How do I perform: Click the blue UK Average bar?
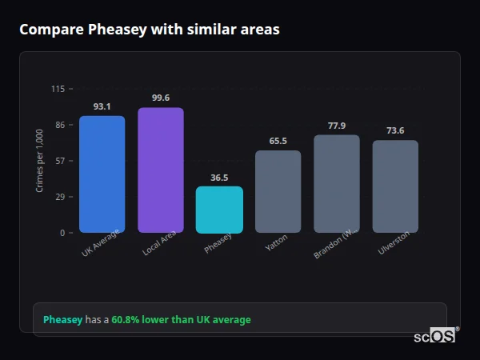pos(102,174)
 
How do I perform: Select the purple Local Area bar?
pos(160,170)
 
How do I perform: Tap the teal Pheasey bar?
pos(219,210)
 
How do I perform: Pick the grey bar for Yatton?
pos(278,192)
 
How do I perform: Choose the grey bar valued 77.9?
pos(336,184)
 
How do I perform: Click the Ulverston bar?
pos(395,186)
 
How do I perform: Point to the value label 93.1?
pos(102,106)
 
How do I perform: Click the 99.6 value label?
pos(160,98)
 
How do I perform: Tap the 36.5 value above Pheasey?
pos(219,178)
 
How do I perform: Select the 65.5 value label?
pos(278,141)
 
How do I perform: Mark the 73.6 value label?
pos(395,130)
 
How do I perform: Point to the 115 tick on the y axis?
pos(58,89)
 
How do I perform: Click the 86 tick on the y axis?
pos(60,125)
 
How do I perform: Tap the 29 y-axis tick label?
pos(60,197)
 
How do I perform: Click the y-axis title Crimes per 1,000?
pos(39,161)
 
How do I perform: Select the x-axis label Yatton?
pos(277,242)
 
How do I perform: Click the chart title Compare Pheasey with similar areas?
pos(150,30)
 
